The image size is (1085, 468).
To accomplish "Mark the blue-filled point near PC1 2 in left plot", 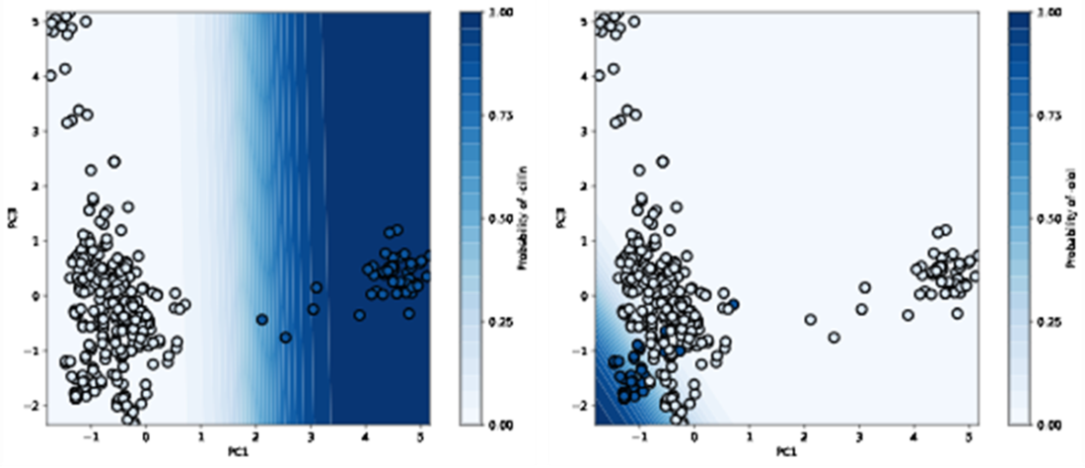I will pos(261,319).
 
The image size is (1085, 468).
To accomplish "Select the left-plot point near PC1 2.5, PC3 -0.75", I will pos(286,338).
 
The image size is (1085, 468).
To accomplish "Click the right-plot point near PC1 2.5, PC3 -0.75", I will pos(834,338).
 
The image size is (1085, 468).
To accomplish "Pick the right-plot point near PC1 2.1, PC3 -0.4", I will pos(811,319).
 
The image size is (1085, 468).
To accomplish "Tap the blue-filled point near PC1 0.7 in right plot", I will pos(734,303).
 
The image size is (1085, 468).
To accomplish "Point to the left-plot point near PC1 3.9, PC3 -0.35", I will pos(360,315).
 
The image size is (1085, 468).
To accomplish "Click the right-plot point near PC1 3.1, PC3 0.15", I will pos(865,287).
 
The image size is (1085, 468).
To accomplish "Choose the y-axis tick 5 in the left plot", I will pos(35,20).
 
